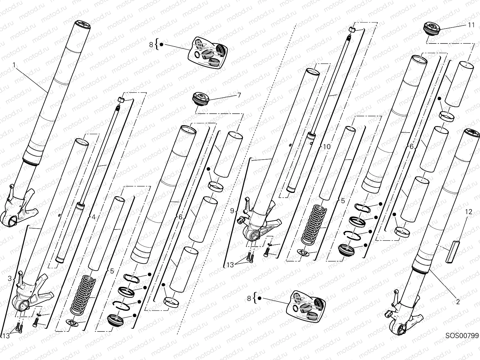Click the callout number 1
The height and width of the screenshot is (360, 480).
(13, 64)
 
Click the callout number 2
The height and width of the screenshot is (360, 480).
(458, 302)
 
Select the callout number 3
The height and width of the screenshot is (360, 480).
(10, 279)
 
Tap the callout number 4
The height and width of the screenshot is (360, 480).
(93, 217)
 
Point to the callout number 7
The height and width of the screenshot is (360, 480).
(239, 95)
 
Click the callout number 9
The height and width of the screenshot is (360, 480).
(232, 211)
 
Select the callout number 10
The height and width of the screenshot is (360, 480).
(327, 147)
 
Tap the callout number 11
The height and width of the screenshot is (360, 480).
(471, 25)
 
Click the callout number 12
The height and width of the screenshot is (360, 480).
(469, 212)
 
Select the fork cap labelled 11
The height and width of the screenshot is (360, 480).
(432, 29)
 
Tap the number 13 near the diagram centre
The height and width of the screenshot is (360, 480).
(230, 265)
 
